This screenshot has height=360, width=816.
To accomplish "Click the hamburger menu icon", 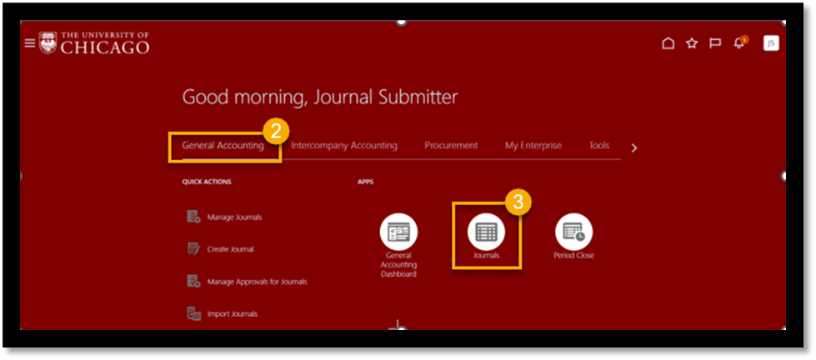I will [x=30, y=43].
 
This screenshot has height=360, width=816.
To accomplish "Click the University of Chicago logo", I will [x=94, y=43].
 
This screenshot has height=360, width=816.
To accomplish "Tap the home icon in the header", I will [x=668, y=43].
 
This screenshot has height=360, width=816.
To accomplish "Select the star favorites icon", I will [x=691, y=43].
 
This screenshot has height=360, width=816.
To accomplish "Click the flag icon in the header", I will [x=714, y=43].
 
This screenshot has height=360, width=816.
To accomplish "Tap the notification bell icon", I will [x=738, y=43].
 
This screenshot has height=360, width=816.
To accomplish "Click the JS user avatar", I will [x=771, y=43].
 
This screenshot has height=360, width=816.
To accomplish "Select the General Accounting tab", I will [x=223, y=145].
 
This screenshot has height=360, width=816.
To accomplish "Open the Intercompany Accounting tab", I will [x=344, y=145].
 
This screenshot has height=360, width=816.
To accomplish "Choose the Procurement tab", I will [x=451, y=145].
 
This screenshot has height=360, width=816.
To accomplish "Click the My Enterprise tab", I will [x=533, y=145].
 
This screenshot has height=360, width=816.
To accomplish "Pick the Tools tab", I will [x=599, y=145].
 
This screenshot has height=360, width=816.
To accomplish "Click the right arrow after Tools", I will [x=634, y=148].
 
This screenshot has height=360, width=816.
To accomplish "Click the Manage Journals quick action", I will [x=233, y=217].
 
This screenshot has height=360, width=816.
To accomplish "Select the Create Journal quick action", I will [x=229, y=249].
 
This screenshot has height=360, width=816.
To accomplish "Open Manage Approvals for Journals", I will [x=256, y=282].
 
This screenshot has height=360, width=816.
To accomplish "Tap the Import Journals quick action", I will [x=231, y=314].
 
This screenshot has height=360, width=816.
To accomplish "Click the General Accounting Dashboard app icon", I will [x=398, y=232].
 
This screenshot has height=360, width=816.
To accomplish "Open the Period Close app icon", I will [x=573, y=232].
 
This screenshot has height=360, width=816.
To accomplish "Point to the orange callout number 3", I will [x=518, y=202].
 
